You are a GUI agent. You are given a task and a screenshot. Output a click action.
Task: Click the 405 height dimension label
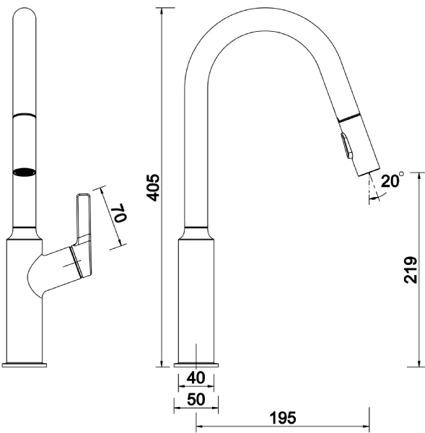pos(153,188)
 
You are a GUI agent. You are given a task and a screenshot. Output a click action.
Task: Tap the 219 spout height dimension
pos(410,270)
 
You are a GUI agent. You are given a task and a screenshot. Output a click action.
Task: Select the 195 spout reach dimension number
pos(283,418)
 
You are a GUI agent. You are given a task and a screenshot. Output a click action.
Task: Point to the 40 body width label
pos(196,377)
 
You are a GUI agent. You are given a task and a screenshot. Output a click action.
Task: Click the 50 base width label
pos(196,399)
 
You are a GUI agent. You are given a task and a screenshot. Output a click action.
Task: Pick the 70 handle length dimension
pos(121,213)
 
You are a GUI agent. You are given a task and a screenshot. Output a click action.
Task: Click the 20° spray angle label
pos(392,181)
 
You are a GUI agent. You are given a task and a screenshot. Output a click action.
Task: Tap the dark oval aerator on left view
pos(25,172)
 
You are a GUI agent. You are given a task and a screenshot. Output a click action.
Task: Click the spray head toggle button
pos(347,146)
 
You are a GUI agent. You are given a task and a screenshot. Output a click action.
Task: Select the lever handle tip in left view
pos(82,196)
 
